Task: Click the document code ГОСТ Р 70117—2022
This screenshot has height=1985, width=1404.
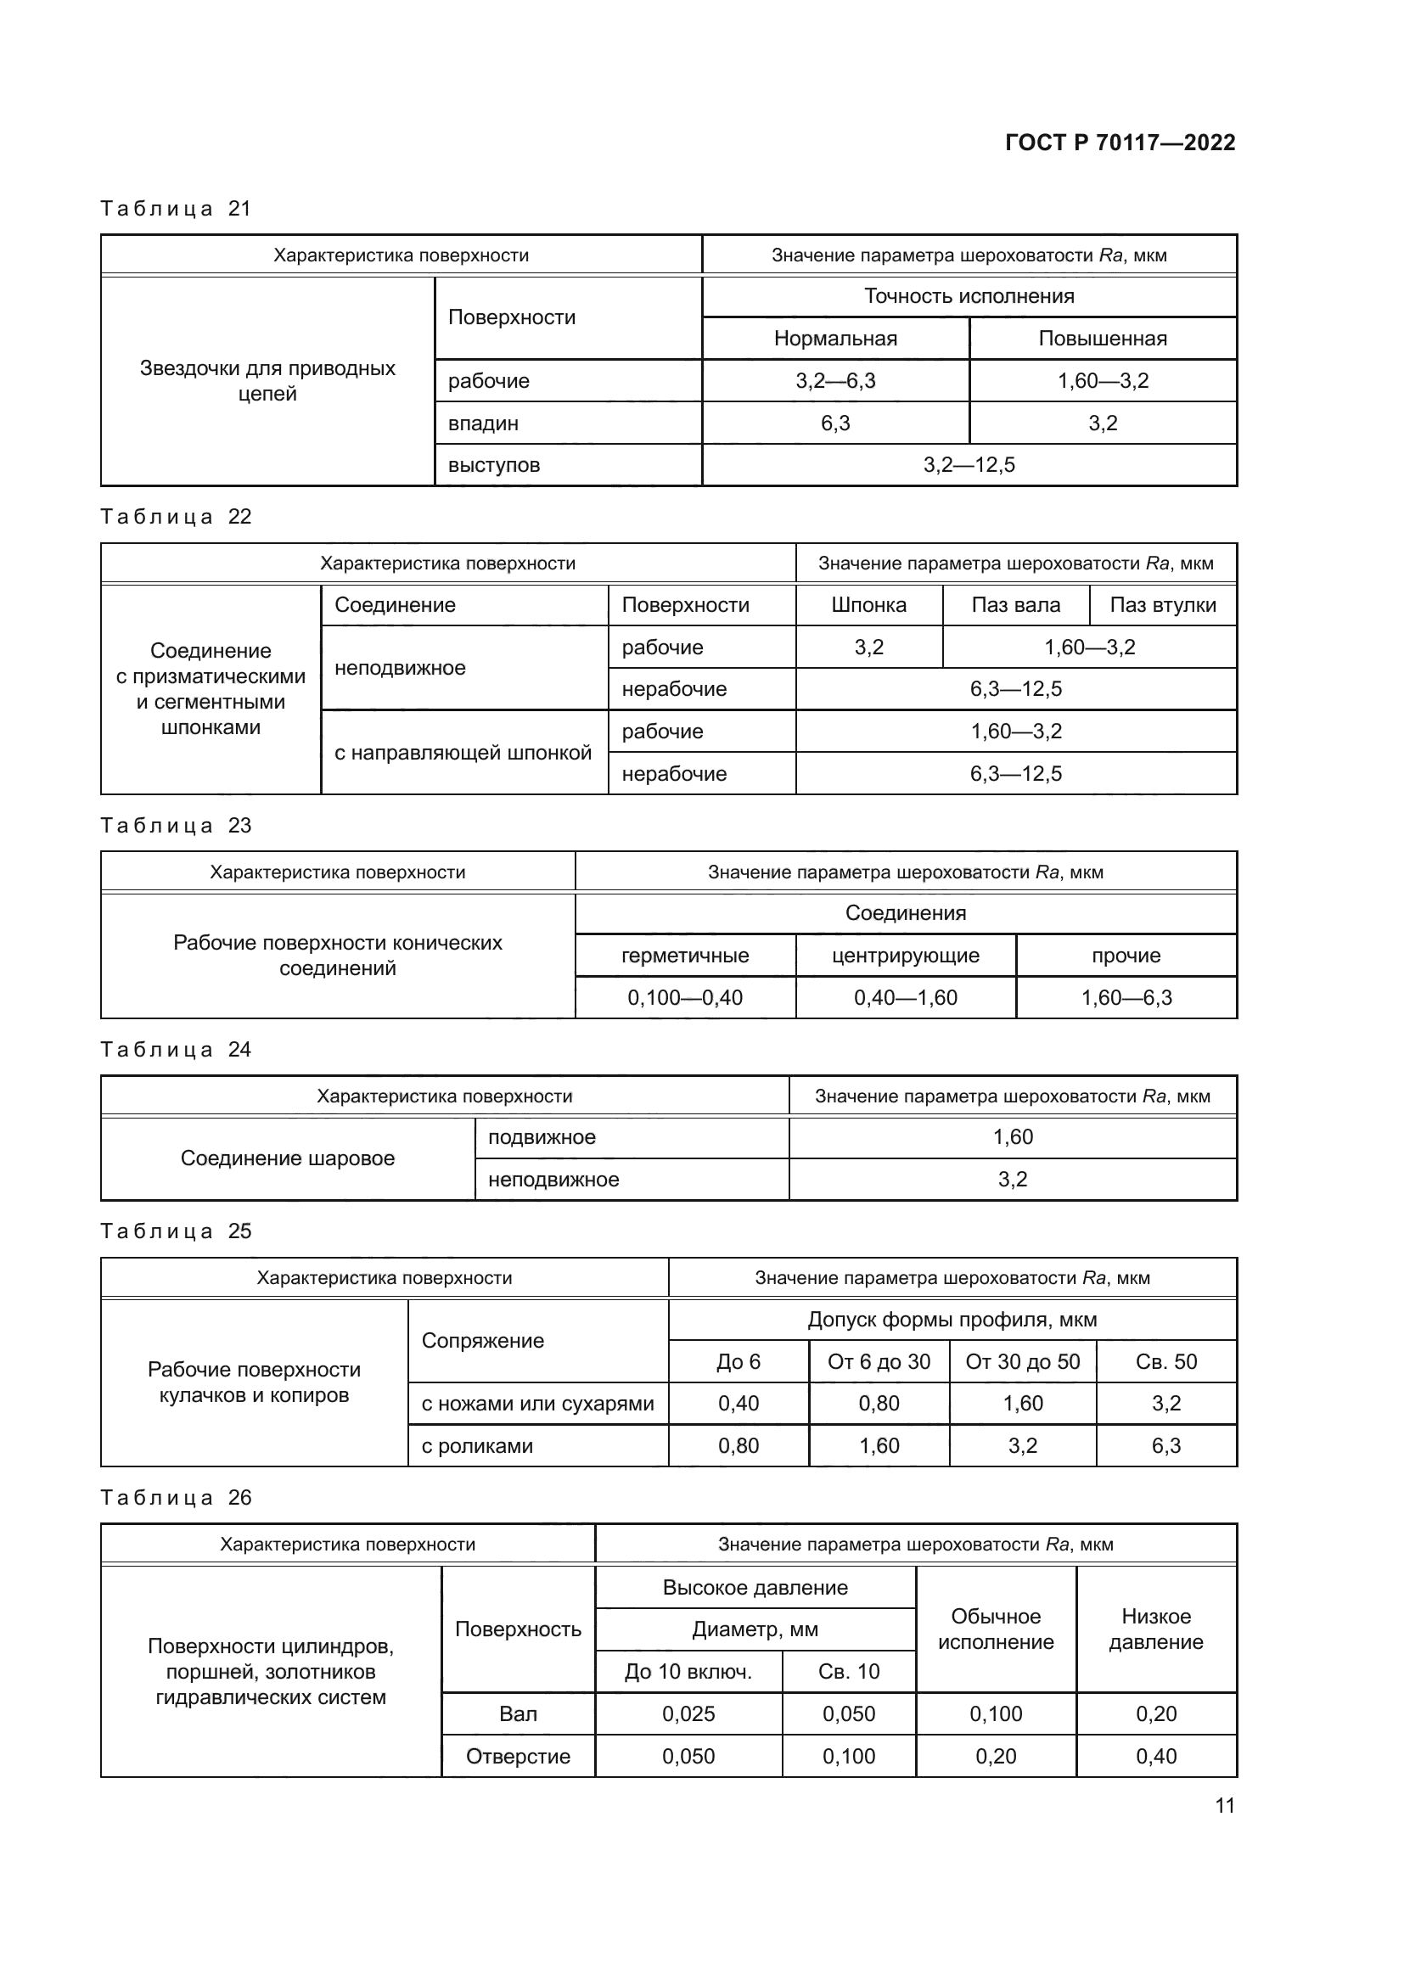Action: click(1120, 143)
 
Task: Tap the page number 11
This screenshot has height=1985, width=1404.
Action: click(1224, 1805)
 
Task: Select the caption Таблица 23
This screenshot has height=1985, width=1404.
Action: click(176, 826)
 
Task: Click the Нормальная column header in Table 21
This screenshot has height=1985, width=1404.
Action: click(835, 338)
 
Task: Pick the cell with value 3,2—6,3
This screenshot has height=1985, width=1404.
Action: click(835, 380)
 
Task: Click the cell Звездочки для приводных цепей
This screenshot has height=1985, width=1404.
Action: click(267, 380)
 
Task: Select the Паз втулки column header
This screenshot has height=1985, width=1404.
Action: click(1162, 605)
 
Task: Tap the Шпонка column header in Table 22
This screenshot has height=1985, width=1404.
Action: click(868, 605)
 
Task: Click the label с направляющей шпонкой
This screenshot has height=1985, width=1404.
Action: click(463, 752)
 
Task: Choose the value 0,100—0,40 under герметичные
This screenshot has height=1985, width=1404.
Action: click(685, 998)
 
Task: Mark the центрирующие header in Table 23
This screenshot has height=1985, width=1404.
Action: click(905, 956)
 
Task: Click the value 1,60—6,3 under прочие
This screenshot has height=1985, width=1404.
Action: click(1126, 998)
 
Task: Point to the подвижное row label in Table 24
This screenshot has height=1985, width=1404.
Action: click(542, 1137)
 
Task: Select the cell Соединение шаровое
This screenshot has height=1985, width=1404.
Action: click(287, 1158)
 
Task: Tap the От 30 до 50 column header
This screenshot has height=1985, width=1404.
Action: click(1022, 1361)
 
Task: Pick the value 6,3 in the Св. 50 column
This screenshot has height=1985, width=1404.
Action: click(1165, 1445)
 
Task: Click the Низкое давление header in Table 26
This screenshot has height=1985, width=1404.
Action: click(1155, 1629)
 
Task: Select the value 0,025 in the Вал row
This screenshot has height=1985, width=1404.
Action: click(688, 1713)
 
